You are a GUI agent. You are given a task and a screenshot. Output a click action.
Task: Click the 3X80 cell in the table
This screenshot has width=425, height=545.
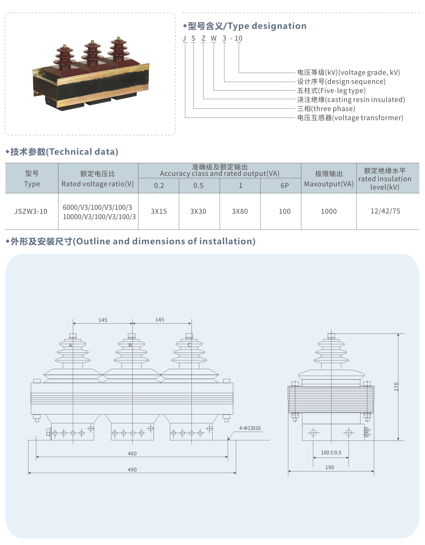pos(240,211)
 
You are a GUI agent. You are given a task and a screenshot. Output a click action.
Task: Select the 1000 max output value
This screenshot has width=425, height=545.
pos(329,211)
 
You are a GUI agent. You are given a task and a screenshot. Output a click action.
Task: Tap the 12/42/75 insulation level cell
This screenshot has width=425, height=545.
pos(385,211)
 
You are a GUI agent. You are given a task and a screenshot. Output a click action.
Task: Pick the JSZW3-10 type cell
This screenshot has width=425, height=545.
pos(31,211)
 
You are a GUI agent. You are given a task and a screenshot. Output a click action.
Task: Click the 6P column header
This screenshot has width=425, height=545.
pos(285,186)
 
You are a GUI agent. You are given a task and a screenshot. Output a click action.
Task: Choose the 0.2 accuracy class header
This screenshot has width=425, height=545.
pos(159,186)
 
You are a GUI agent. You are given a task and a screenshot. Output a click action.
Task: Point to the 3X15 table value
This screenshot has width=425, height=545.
pos(159,211)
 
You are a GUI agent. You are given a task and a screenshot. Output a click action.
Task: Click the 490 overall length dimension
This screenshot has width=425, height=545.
pos(132,469)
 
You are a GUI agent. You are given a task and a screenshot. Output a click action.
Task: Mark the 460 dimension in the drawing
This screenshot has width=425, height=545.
pos(132,453)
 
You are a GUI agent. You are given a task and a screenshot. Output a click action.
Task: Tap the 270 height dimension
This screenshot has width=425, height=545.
pos(396,387)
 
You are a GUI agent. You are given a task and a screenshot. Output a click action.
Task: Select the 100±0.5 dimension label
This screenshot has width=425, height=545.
pos(331,453)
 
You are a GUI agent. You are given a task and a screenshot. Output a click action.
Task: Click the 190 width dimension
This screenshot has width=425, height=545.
pos(330,467)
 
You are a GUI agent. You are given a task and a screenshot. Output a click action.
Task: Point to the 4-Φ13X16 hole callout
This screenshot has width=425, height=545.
pos(250,428)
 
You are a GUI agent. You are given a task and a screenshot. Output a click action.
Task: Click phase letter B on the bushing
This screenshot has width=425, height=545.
pos(130,345)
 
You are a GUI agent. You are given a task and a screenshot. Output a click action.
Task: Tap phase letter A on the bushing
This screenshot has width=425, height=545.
pos(71,345)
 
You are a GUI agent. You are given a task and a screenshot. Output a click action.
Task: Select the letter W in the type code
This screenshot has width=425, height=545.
pos(214,38)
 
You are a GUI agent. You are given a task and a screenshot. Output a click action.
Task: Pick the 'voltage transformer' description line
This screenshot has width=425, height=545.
pos(350,118)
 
